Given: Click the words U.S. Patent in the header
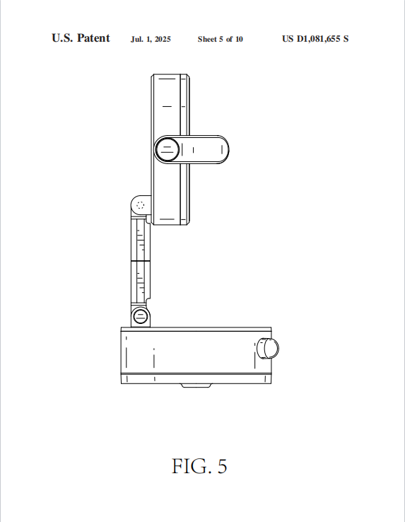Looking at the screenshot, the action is pyautogui.click(x=81, y=38).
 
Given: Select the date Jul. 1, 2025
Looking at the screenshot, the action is pyautogui.click(x=151, y=40).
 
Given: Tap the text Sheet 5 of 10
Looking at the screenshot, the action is pyautogui.click(x=221, y=40).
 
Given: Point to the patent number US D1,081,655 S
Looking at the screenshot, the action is pyautogui.click(x=315, y=39).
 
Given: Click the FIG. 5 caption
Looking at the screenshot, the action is pyautogui.click(x=199, y=466).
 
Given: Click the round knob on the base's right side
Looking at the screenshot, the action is pyautogui.click(x=268, y=349).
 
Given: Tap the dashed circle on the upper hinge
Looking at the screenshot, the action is pyautogui.click(x=141, y=204).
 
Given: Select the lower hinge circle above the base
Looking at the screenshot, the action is pyautogui.click(x=140, y=316).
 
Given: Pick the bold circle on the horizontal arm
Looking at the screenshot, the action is pyautogui.click(x=168, y=149).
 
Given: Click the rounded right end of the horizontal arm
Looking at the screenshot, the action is pyautogui.click(x=223, y=149).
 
